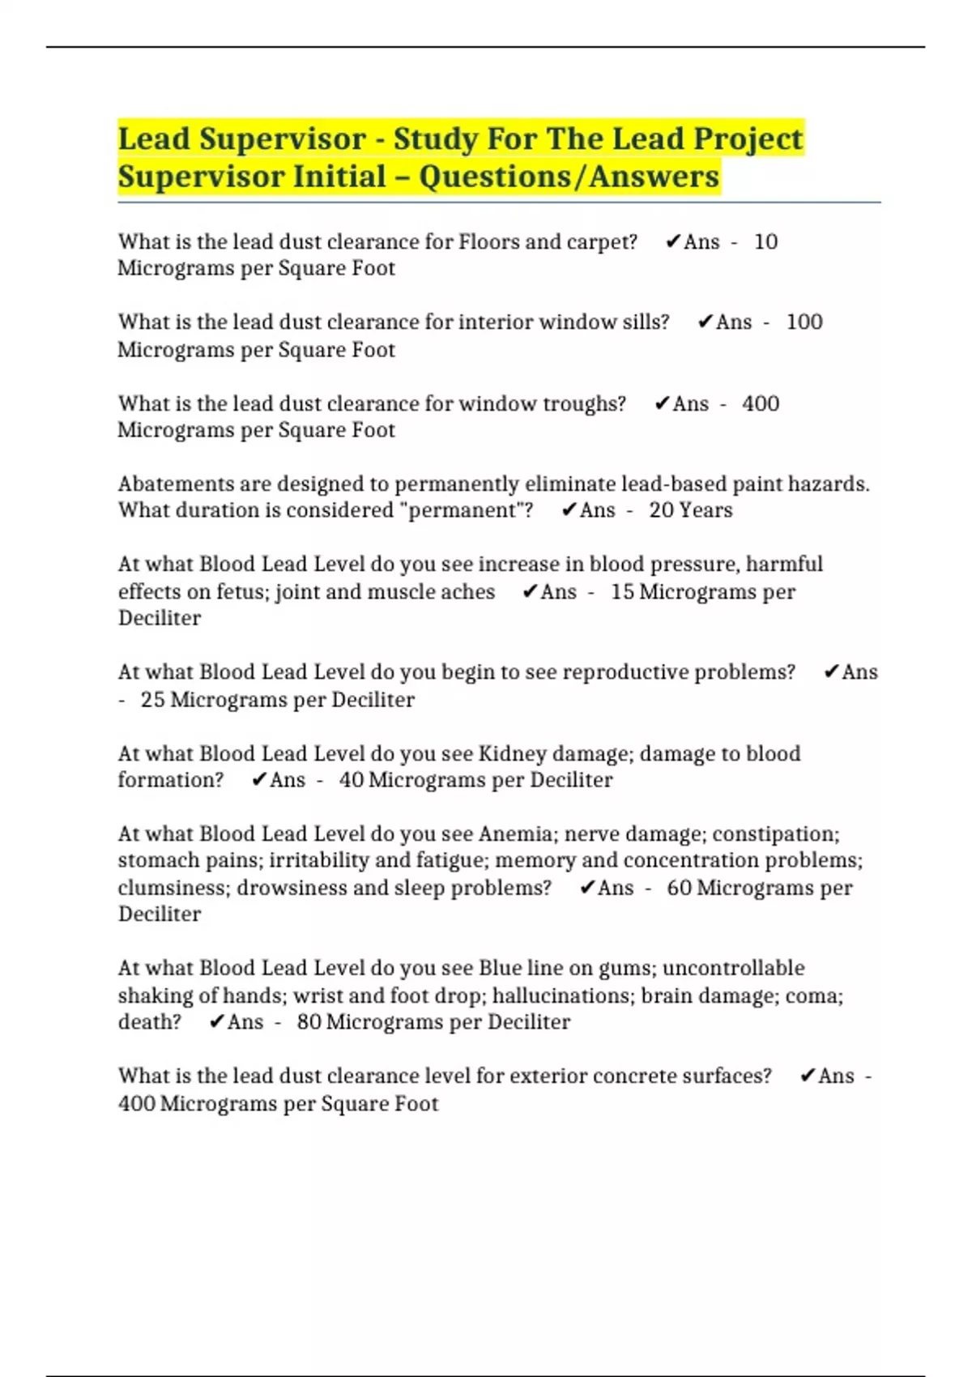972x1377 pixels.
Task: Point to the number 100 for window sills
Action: (x=804, y=322)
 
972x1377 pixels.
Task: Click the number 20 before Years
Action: (x=660, y=510)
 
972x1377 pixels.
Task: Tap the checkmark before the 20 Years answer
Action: (x=569, y=510)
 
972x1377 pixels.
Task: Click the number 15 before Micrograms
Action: (x=622, y=591)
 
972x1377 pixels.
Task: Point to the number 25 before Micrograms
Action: (x=152, y=699)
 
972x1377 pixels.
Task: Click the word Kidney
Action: (x=512, y=753)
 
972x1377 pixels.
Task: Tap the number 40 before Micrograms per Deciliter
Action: (x=351, y=780)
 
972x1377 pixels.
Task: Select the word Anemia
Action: (x=517, y=833)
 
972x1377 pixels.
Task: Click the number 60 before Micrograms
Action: (x=679, y=888)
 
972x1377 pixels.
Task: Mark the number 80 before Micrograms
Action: (x=309, y=1022)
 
